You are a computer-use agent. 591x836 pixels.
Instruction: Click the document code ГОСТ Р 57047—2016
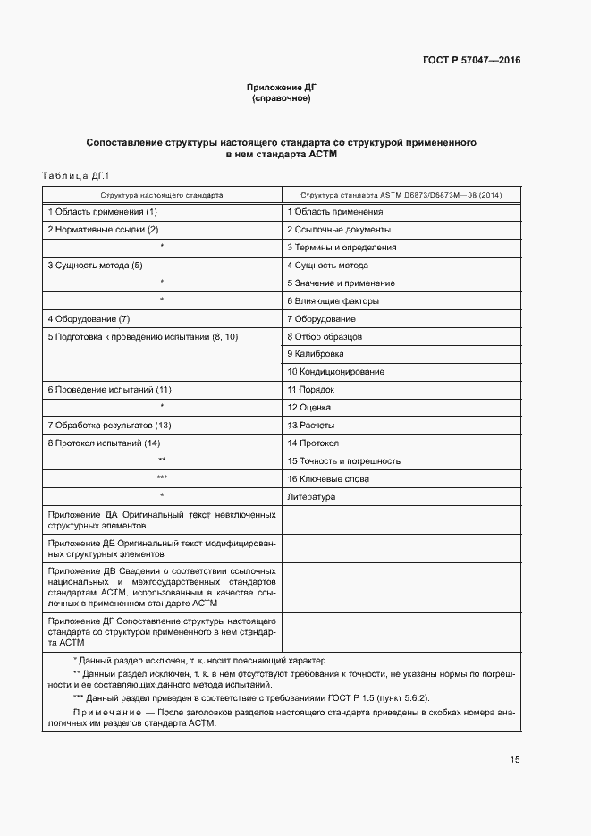[471, 61]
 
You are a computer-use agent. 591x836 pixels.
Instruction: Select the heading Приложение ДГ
[282, 87]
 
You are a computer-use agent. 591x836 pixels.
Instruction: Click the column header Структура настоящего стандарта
[162, 193]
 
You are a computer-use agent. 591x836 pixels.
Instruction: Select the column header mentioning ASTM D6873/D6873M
[401, 193]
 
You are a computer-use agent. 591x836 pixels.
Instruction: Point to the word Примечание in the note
[106, 712]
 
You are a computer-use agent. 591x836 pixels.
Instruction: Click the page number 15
[514, 760]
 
